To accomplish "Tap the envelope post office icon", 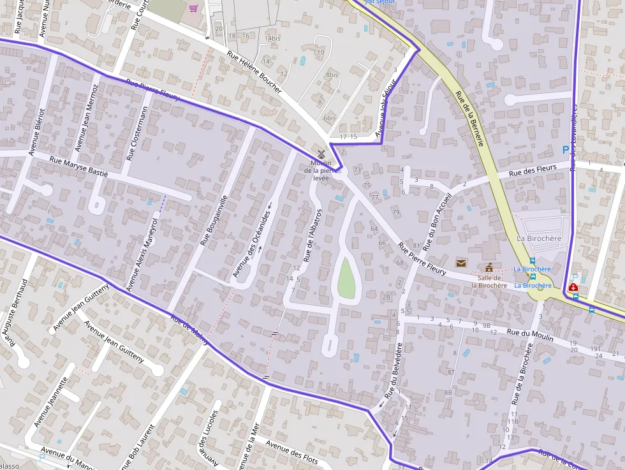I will pos(460,263).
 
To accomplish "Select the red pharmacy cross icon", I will pos(573,288).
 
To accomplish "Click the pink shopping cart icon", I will pos(193,8).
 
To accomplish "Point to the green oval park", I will pos(346,277).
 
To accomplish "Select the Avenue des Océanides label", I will pos(251,244).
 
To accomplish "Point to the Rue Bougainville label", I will pos(214,220).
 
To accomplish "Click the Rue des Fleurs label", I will pos(534,171).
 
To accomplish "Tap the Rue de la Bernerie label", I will pos(469,118).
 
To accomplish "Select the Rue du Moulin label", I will pos(529,334).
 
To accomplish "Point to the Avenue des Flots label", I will pos(292,452).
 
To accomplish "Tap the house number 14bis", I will pos(272,39).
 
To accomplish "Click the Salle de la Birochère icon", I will pos(489,267).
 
